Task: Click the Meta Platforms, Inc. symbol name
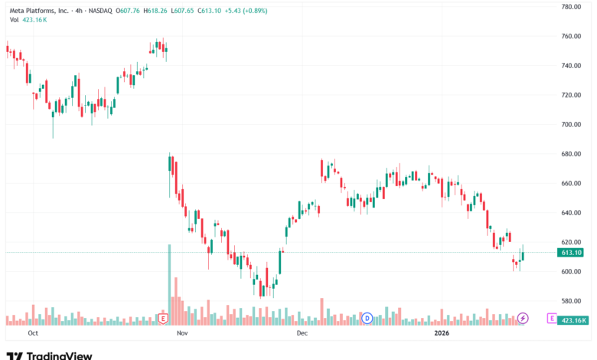click(39, 9)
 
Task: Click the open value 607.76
click(129, 9)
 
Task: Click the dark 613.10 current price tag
click(572, 252)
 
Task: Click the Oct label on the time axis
click(32, 334)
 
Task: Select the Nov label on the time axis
click(181, 334)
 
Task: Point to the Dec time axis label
click(302, 334)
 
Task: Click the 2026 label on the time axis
click(441, 334)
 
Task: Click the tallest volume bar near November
click(170, 283)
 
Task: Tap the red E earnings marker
click(162, 318)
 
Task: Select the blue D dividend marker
click(367, 318)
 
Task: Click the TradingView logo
click(49, 355)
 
